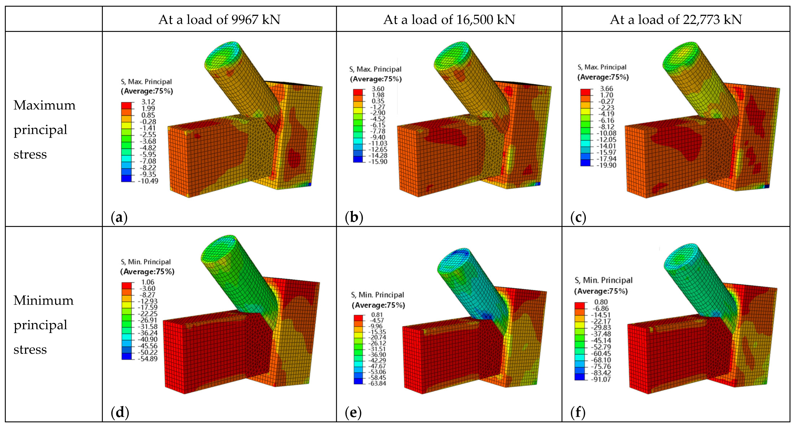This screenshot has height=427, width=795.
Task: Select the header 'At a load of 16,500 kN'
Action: [449, 19]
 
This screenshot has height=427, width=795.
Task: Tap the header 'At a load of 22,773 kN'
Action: [676, 19]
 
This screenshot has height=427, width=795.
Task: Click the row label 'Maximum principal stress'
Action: [44, 129]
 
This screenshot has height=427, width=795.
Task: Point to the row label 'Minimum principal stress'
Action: [44, 325]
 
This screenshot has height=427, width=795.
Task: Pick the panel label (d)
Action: [120, 412]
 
